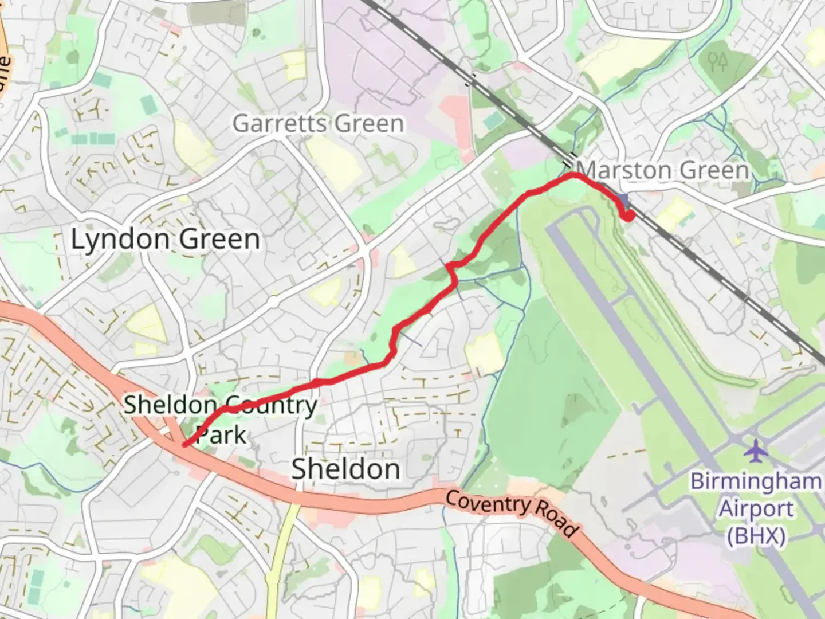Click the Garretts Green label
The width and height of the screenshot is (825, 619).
(318, 123)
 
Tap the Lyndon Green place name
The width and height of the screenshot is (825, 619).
(165, 239)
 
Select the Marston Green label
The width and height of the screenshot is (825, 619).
(663, 170)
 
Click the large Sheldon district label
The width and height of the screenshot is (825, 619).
(346, 469)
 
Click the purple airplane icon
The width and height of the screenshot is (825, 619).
(756, 451)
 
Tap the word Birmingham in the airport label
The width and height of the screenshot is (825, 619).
(756, 481)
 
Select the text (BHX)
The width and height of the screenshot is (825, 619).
(756, 536)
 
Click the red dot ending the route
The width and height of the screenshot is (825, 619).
(628, 216)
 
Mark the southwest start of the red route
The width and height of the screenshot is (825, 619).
(184, 444)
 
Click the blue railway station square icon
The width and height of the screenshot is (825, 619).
(623, 201)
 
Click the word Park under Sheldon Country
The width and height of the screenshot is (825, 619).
(221, 435)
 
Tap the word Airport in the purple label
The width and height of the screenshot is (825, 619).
(756, 508)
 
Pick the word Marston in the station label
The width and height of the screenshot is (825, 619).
(624, 170)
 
